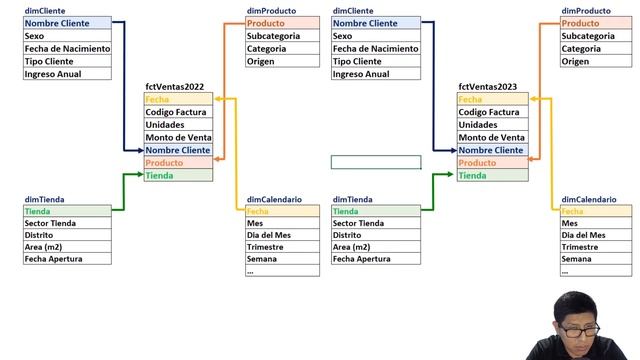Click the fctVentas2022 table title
(x=174, y=87)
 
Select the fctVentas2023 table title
(x=487, y=87)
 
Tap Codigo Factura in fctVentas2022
(x=176, y=112)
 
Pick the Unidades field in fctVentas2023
(x=478, y=124)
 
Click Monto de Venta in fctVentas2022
(x=178, y=137)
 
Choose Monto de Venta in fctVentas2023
(x=491, y=137)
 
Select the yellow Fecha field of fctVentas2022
(x=178, y=99)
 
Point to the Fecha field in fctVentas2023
(x=493, y=99)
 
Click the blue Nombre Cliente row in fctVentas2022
(x=178, y=150)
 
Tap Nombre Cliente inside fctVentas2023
(x=493, y=150)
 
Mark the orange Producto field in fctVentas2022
(x=178, y=162)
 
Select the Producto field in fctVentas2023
(x=493, y=162)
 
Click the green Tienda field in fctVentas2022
(x=178, y=175)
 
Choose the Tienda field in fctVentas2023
(x=493, y=175)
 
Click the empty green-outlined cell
(x=376, y=162)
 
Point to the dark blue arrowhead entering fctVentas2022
(x=140, y=150)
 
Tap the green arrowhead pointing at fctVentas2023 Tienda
(x=450, y=174)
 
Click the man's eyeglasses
(x=579, y=329)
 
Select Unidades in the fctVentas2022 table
(x=164, y=124)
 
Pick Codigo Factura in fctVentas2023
(x=489, y=112)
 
